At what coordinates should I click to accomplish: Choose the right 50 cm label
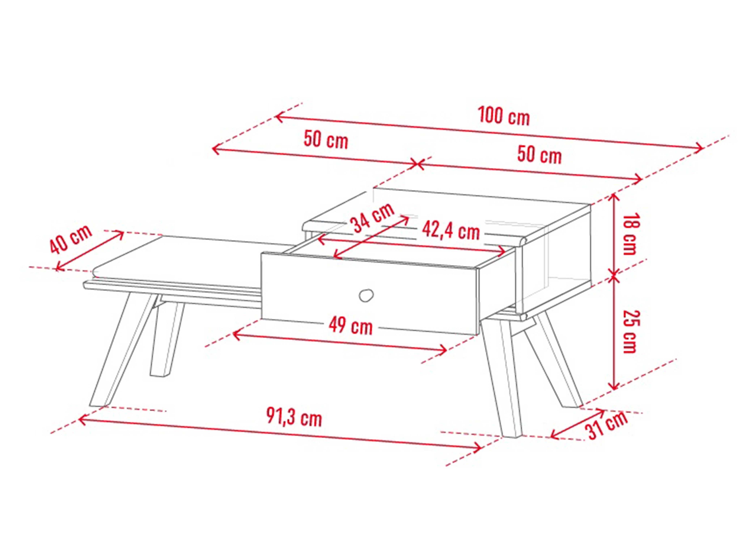(539, 155)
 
